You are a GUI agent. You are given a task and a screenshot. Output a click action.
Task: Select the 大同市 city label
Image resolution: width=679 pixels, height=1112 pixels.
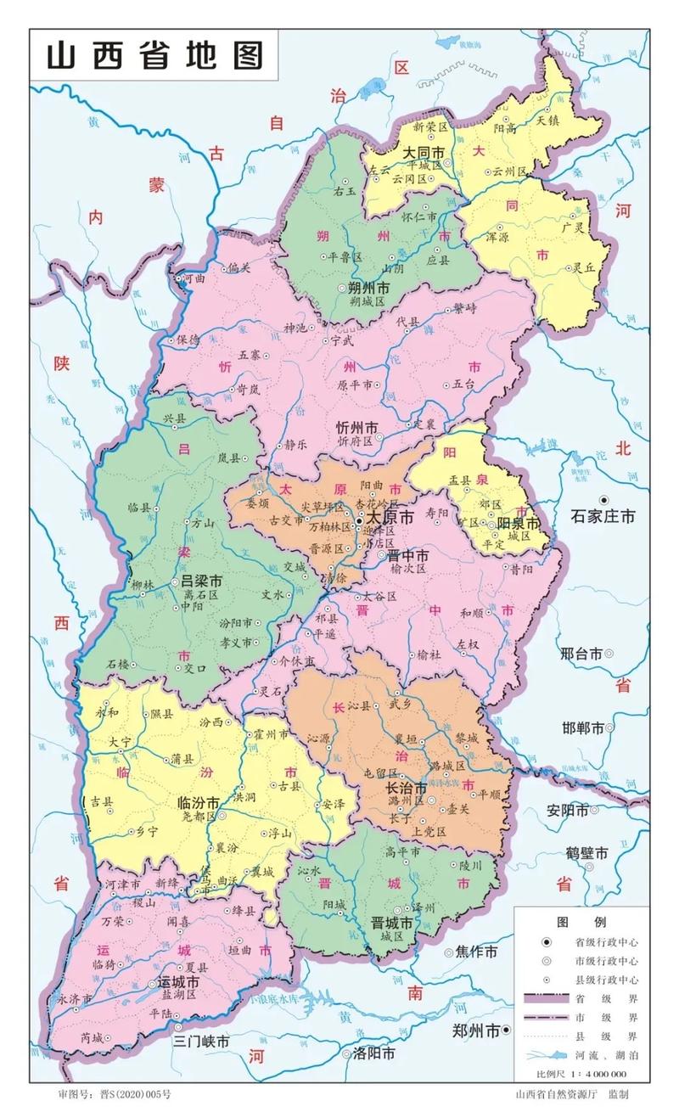[424, 153]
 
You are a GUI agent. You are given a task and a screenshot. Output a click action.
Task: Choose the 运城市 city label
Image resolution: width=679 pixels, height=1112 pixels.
[178, 982]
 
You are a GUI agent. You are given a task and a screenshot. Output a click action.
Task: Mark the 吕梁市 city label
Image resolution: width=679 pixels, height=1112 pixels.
[202, 582]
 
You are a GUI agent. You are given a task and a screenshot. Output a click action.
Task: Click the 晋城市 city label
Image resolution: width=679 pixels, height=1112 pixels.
[392, 922]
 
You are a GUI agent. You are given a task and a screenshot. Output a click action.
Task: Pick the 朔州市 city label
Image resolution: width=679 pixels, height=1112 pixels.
[368, 288]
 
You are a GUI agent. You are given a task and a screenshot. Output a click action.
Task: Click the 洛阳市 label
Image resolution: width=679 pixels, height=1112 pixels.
[374, 1053]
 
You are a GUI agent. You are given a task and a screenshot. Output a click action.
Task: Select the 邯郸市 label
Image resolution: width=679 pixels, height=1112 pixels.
[582, 728]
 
